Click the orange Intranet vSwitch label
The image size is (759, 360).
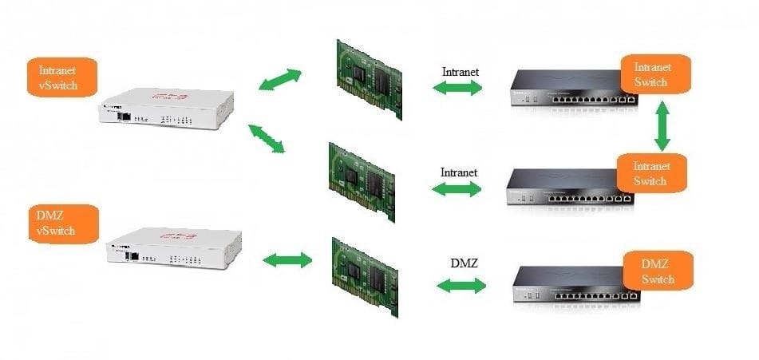(62, 77)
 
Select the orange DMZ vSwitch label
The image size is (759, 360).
(63, 224)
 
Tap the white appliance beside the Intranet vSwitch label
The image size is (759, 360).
(167, 108)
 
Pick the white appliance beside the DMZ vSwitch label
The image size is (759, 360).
(174, 247)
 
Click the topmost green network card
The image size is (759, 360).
(370, 79)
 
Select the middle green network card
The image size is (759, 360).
(362, 182)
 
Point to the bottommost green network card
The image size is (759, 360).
(365, 277)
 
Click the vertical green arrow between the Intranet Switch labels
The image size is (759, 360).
(662, 126)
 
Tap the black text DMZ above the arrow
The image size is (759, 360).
(464, 263)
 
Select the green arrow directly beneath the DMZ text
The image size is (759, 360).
(461, 286)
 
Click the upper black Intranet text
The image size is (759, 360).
(461, 72)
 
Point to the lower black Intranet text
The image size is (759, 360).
(459, 172)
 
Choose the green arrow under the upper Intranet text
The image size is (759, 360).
(457, 88)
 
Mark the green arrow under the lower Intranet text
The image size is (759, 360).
(456, 189)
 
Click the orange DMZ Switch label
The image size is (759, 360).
(658, 271)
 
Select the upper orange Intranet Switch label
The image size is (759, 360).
(655, 74)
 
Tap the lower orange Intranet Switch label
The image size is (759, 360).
(652, 173)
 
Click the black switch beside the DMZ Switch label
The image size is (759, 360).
(576, 285)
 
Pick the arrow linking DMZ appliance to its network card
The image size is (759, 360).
(287, 260)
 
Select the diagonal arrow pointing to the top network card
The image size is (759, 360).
(280, 79)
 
